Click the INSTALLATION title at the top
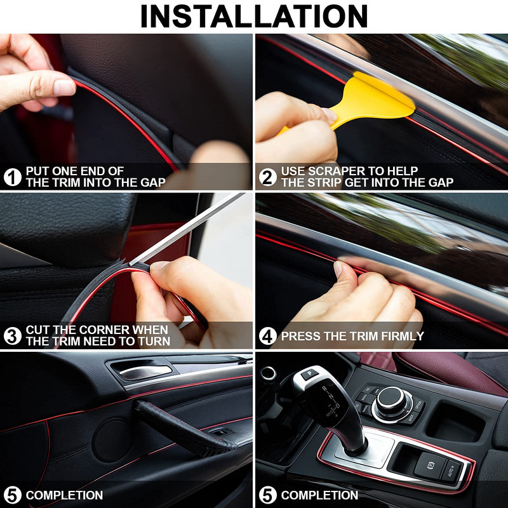pos(254,16)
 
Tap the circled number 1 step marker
pos(12,177)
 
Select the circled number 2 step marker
pos(268,177)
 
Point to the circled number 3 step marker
pos(12,336)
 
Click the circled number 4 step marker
pos(268,336)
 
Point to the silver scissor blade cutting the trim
pos(190,229)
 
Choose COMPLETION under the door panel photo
pos(64,495)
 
